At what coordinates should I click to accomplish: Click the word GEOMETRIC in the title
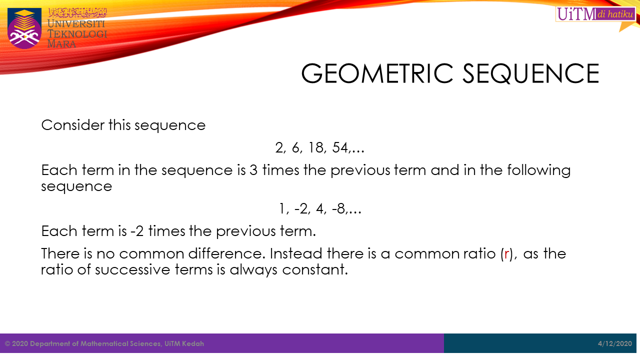(x=377, y=73)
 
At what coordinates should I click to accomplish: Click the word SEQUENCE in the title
(x=530, y=73)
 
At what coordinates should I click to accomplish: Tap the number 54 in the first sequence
(x=340, y=147)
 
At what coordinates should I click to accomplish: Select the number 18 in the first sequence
(x=315, y=147)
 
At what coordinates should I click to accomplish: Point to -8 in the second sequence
(x=338, y=208)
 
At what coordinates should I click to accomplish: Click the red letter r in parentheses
(x=506, y=253)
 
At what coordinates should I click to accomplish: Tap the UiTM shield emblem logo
(x=24, y=28)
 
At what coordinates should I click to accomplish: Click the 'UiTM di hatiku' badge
(x=595, y=13)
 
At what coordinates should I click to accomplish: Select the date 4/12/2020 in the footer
(x=615, y=343)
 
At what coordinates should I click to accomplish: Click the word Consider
(x=73, y=125)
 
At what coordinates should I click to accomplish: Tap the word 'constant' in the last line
(x=315, y=269)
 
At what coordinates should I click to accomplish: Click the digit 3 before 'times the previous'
(x=253, y=170)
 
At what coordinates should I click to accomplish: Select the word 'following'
(x=539, y=171)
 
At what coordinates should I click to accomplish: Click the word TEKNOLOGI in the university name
(x=77, y=34)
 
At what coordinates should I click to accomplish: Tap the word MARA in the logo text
(x=61, y=44)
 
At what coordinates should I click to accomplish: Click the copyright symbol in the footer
(x=7, y=343)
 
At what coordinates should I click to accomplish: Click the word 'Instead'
(x=296, y=253)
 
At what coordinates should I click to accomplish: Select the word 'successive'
(x=132, y=269)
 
